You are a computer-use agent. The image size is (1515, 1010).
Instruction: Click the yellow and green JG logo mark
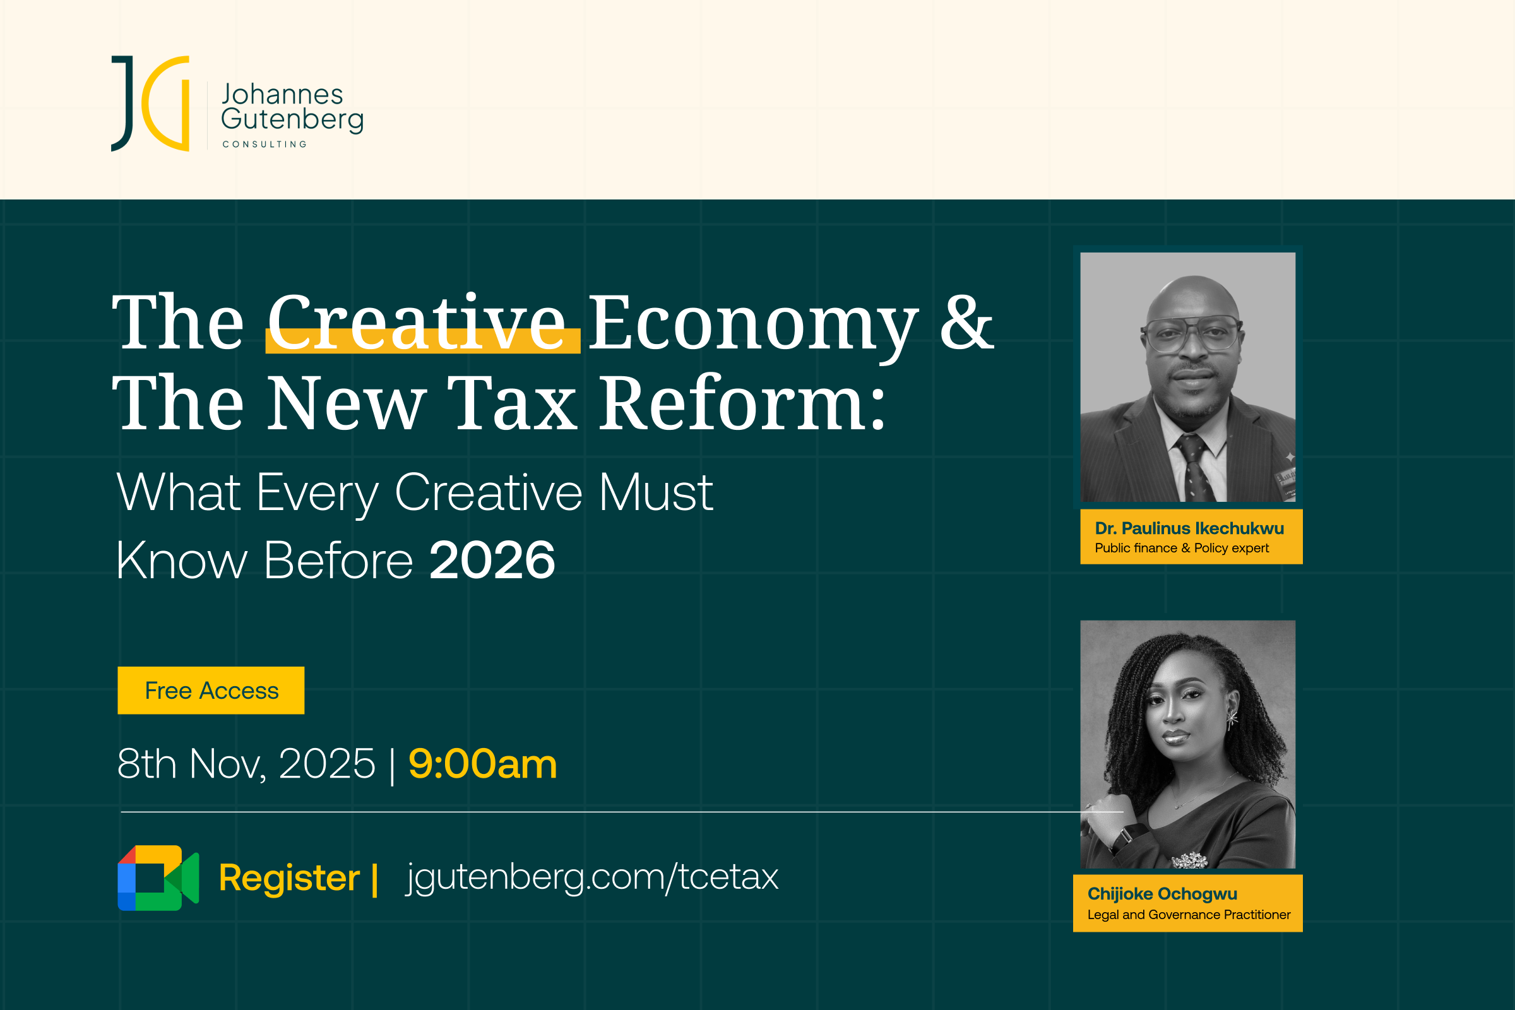click(x=151, y=104)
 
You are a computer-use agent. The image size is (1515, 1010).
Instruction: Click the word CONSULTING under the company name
click(x=264, y=145)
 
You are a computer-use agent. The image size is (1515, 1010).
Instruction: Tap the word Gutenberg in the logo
click(x=292, y=121)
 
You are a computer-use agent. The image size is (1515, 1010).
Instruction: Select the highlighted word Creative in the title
click(x=416, y=322)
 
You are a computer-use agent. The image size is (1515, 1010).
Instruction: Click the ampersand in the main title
click(x=966, y=322)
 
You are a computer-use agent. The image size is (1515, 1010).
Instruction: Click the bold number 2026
click(x=492, y=560)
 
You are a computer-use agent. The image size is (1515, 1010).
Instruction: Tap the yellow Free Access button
click(x=211, y=691)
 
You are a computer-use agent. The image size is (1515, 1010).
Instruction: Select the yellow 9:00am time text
click(x=482, y=764)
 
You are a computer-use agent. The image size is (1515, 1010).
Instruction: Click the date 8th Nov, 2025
click(x=246, y=764)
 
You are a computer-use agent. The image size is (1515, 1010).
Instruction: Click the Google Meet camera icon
click(x=158, y=878)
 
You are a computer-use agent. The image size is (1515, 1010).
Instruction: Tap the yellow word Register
click(x=289, y=878)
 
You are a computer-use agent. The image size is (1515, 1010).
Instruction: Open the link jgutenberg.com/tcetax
click(x=592, y=878)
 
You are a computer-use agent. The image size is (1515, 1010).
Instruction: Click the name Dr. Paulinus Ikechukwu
click(x=1189, y=528)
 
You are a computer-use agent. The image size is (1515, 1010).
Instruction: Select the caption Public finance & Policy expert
click(x=1182, y=548)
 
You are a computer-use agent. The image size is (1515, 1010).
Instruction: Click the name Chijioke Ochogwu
click(x=1162, y=894)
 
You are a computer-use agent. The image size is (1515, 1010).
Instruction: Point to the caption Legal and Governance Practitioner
click(x=1189, y=915)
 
